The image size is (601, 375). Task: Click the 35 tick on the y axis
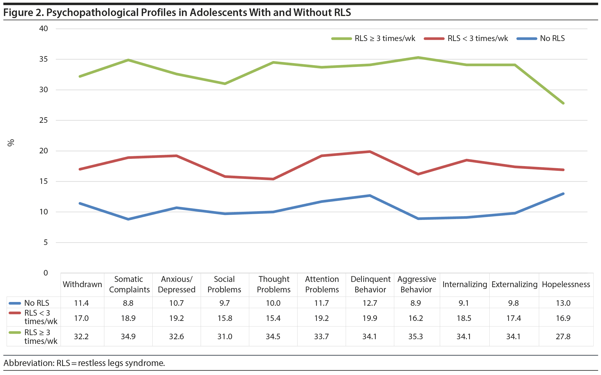(43, 59)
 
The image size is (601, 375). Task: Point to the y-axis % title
(11, 143)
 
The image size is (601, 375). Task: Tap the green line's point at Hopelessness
(563, 103)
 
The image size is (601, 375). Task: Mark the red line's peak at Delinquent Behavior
(370, 152)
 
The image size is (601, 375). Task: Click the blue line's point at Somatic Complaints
(128, 219)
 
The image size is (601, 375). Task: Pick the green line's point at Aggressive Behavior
(418, 58)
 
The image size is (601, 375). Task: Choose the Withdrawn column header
(82, 284)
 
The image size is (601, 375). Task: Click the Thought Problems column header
(274, 284)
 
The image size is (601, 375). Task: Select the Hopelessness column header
(566, 284)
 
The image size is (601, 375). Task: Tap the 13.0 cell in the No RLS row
(563, 303)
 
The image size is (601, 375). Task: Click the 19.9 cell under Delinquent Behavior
(370, 318)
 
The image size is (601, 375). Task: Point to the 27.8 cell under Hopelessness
(563, 336)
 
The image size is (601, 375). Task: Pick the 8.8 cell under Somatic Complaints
(128, 303)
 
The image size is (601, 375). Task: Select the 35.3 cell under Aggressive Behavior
(415, 336)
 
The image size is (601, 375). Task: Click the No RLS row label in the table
(37, 303)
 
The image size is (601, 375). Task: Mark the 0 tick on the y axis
(45, 273)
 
